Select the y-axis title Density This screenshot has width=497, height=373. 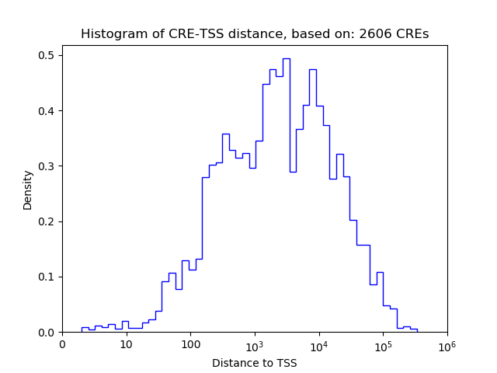click(28, 190)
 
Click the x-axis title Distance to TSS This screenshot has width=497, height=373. click(255, 363)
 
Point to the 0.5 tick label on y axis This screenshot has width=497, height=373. click(47, 55)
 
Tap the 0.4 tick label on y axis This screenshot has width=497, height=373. click(47, 111)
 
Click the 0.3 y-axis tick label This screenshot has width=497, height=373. click(47, 166)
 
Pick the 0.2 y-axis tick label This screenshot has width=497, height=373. click(47, 221)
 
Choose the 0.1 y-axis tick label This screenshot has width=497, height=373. click(47, 277)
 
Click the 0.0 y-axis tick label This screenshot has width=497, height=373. click(47, 333)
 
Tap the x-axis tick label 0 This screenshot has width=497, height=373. click(62, 344)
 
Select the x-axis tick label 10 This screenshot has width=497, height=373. click(126, 344)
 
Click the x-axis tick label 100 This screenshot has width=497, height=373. click(190, 344)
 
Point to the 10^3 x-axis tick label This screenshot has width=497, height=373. click(255, 343)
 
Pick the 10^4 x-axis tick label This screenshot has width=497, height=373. click(318, 343)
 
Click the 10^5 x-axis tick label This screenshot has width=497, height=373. click(383, 343)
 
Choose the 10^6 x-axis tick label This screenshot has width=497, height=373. click(447, 343)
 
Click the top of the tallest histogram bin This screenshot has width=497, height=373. click(286, 58)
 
